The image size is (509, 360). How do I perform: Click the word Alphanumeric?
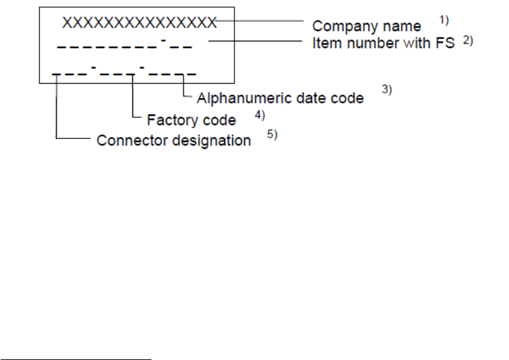pos(247,98)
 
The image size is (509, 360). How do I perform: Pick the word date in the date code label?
pos(317,98)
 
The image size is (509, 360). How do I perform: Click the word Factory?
pos(172,120)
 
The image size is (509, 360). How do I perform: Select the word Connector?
pos(126,141)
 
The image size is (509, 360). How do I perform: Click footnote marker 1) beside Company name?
pos(445,20)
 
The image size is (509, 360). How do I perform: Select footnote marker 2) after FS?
pos(468,40)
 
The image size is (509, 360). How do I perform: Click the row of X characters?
pos(139,23)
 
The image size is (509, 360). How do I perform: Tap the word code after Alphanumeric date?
pos(348,98)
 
